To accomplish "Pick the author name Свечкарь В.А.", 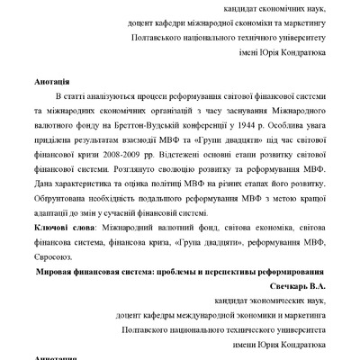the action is [294, 287].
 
